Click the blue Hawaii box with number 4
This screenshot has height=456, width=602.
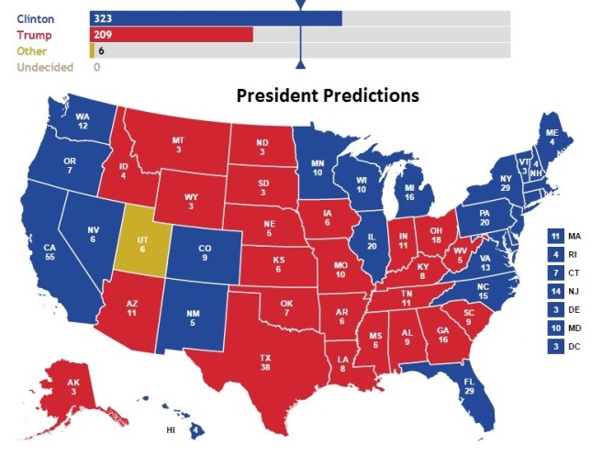click(196, 428)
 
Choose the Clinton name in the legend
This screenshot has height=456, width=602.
click(35, 18)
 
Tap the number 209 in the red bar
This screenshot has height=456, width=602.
click(103, 35)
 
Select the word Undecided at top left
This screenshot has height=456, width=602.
click(44, 67)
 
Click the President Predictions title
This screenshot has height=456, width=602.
click(328, 95)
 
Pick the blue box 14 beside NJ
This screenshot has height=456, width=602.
click(554, 291)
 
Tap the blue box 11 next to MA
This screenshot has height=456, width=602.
click(554, 236)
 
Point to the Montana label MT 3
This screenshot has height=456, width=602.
click(179, 144)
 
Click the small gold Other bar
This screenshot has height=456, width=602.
click(92, 51)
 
